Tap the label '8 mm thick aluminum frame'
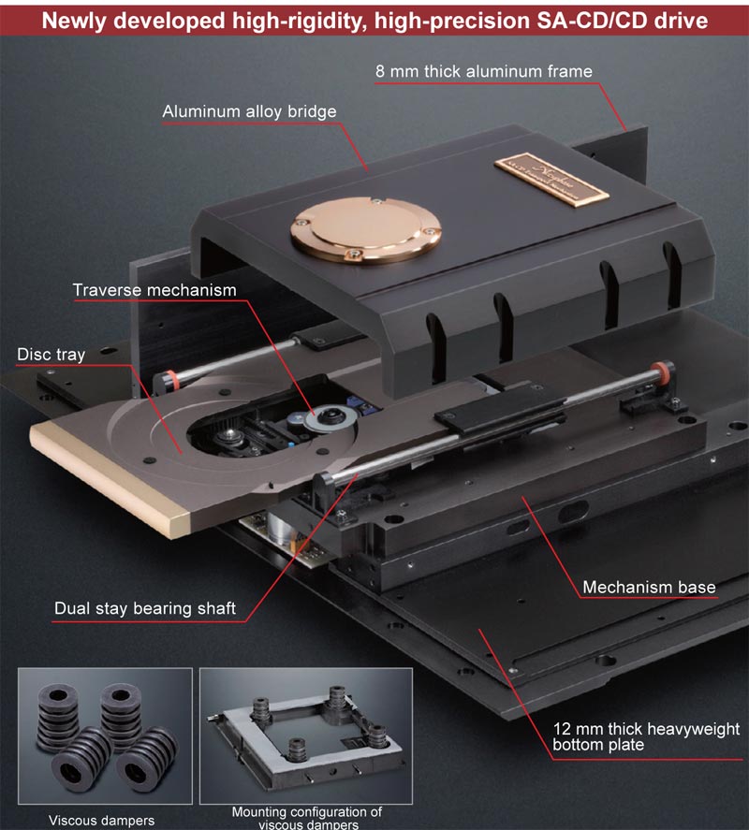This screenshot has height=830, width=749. [x=483, y=71]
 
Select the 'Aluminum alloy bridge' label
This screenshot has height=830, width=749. [x=249, y=112]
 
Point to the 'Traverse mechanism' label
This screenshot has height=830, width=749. [x=154, y=290]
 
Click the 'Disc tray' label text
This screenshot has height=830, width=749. [x=51, y=355]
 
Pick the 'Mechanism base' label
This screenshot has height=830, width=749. [x=649, y=588]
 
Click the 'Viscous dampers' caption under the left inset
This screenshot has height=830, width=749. [x=102, y=821]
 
